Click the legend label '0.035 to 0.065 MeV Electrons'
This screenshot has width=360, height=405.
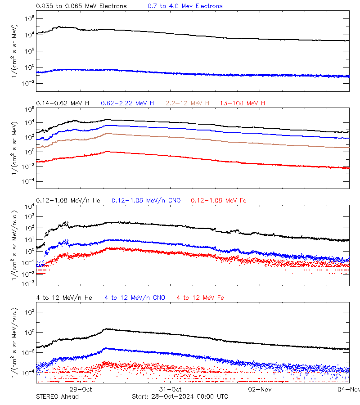pyautogui.click(x=81, y=6)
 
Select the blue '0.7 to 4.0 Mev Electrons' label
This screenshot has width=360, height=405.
pyautogui.click(x=185, y=6)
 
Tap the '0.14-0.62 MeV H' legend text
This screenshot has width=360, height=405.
pyautogui.click(x=63, y=103)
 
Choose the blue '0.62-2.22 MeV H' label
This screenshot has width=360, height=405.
pyautogui.click(x=127, y=103)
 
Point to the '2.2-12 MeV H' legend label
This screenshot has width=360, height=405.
pyautogui.click(x=187, y=103)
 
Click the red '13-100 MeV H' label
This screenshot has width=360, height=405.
pyautogui.click(x=242, y=103)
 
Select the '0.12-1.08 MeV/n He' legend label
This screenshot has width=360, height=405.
pyautogui.click(x=70, y=200)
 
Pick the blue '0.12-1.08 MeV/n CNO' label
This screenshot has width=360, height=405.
pyautogui.click(x=146, y=200)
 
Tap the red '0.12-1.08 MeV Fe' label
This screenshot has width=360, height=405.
pyautogui.click(x=218, y=200)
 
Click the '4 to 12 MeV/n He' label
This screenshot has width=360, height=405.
pyautogui.click(x=64, y=297)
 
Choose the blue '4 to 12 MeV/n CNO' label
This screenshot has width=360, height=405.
pyautogui.click(x=135, y=297)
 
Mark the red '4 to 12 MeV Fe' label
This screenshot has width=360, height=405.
pyautogui.click(x=200, y=297)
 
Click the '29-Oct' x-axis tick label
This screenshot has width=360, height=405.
pyautogui.click(x=81, y=389)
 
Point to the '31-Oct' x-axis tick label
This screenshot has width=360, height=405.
pyautogui.click(x=170, y=389)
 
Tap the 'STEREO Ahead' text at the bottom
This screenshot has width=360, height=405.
pyautogui.click(x=57, y=396)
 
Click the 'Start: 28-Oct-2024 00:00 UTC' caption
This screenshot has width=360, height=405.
pyautogui.click(x=180, y=396)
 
